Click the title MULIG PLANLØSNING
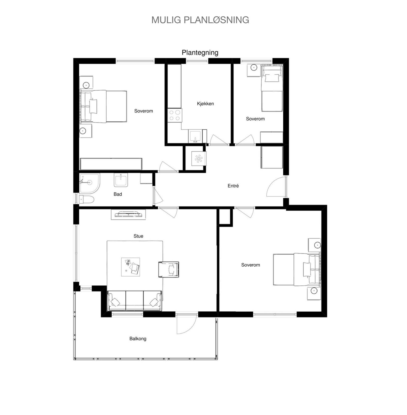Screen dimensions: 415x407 pyautogui.click(x=200, y=20)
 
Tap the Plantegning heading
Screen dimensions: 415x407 pyautogui.click(x=200, y=53)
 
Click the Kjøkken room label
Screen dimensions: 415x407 pyautogui.click(x=205, y=104)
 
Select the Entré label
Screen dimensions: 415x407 pyautogui.click(x=233, y=186)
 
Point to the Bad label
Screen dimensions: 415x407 pyautogui.click(x=118, y=194)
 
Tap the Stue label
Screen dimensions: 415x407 pyautogui.click(x=138, y=236)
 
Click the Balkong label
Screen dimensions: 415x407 pyautogui.click(x=138, y=339)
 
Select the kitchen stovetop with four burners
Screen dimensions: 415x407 pyautogui.click(x=175, y=115)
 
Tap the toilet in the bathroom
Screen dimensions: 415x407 pyautogui.click(x=86, y=199)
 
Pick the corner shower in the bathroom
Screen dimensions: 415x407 pyautogui.click(x=89, y=183)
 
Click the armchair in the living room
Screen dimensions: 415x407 pyautogui.click(x=169, y=269)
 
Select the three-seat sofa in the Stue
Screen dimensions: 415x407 pyautogui.click(x=135, y=301)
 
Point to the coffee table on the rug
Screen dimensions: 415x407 pyautogui.click(x=130, y=267)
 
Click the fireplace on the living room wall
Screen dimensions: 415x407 pyautogui.click(x=128, y=215)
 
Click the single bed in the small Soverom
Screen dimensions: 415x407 pyautogui.click(x=272, y=88)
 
